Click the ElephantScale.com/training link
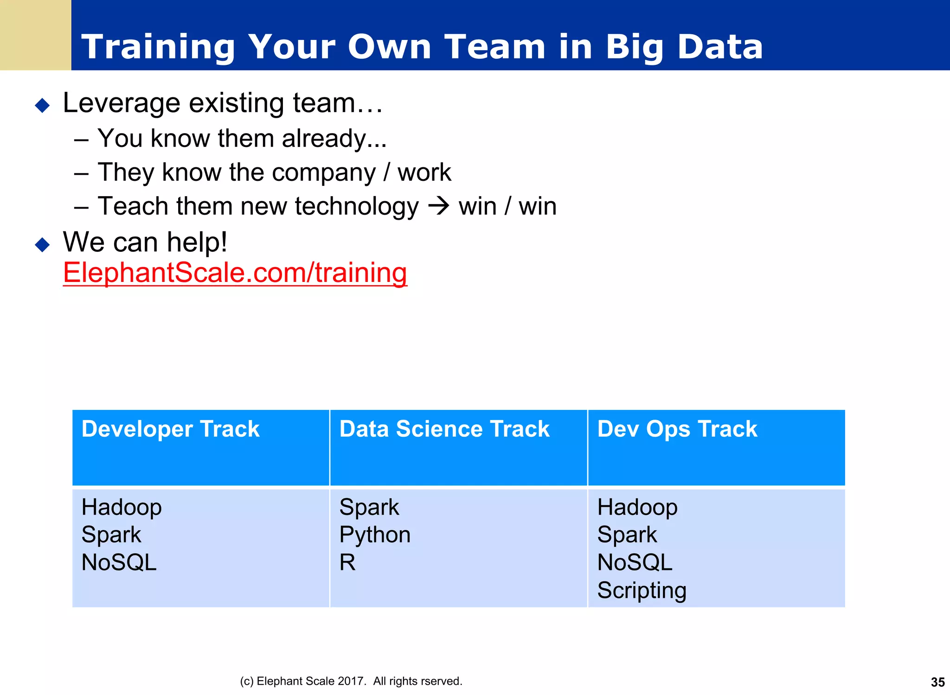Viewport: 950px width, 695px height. (x=235, y=273)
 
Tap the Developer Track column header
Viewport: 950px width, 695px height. (x=170, y=429)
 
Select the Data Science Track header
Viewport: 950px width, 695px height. (x=444, y=429)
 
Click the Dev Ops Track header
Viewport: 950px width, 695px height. (x=677, y=429)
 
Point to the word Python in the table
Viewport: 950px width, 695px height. (x=375, y=535)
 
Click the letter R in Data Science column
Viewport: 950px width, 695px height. (x=347, y=562)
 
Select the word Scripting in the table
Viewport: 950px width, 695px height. (x=642, y=591)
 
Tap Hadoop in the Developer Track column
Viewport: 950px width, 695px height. (x=122, y=507)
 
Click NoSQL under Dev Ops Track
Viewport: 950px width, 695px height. (x=635, y=563)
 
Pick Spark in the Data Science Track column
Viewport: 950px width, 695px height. (x=369, y=507)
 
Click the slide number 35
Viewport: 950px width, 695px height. (x=937, y=682)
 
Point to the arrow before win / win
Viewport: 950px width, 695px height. (x=438, y=206)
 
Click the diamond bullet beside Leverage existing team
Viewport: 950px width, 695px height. (x=42, y=105)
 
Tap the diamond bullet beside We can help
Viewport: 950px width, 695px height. (x=42, y=244)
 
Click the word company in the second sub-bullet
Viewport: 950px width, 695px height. (x=324, y=172)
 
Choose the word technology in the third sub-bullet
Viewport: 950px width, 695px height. (x=357, y=206)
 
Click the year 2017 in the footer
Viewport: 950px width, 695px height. (x=352, y=681)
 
